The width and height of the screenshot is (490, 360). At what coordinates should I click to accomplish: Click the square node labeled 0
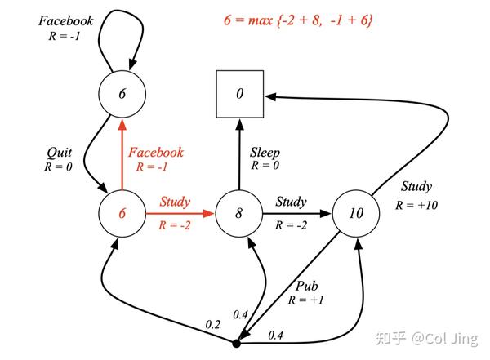[x=239, y=95]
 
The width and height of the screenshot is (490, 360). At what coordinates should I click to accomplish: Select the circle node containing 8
[x=239, y=215]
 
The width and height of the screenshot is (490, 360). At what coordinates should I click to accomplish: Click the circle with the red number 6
[x=122, y=215]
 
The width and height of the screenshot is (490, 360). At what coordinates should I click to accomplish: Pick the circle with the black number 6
[x=122, y=95]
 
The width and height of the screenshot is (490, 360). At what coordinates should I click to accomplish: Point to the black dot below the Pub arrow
[x=236, y=342]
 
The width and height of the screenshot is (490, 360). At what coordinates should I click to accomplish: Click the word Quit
[x=58, y=153]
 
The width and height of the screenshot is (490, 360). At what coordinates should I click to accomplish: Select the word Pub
[x=307, y=287]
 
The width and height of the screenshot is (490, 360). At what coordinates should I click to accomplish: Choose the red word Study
[x=175, y=202]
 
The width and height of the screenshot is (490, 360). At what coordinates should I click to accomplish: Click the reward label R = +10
[x=416, y=205]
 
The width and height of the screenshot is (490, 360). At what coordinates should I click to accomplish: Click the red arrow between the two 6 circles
[x=122, y=155]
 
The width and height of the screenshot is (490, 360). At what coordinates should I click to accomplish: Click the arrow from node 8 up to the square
[x=239, y=155]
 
